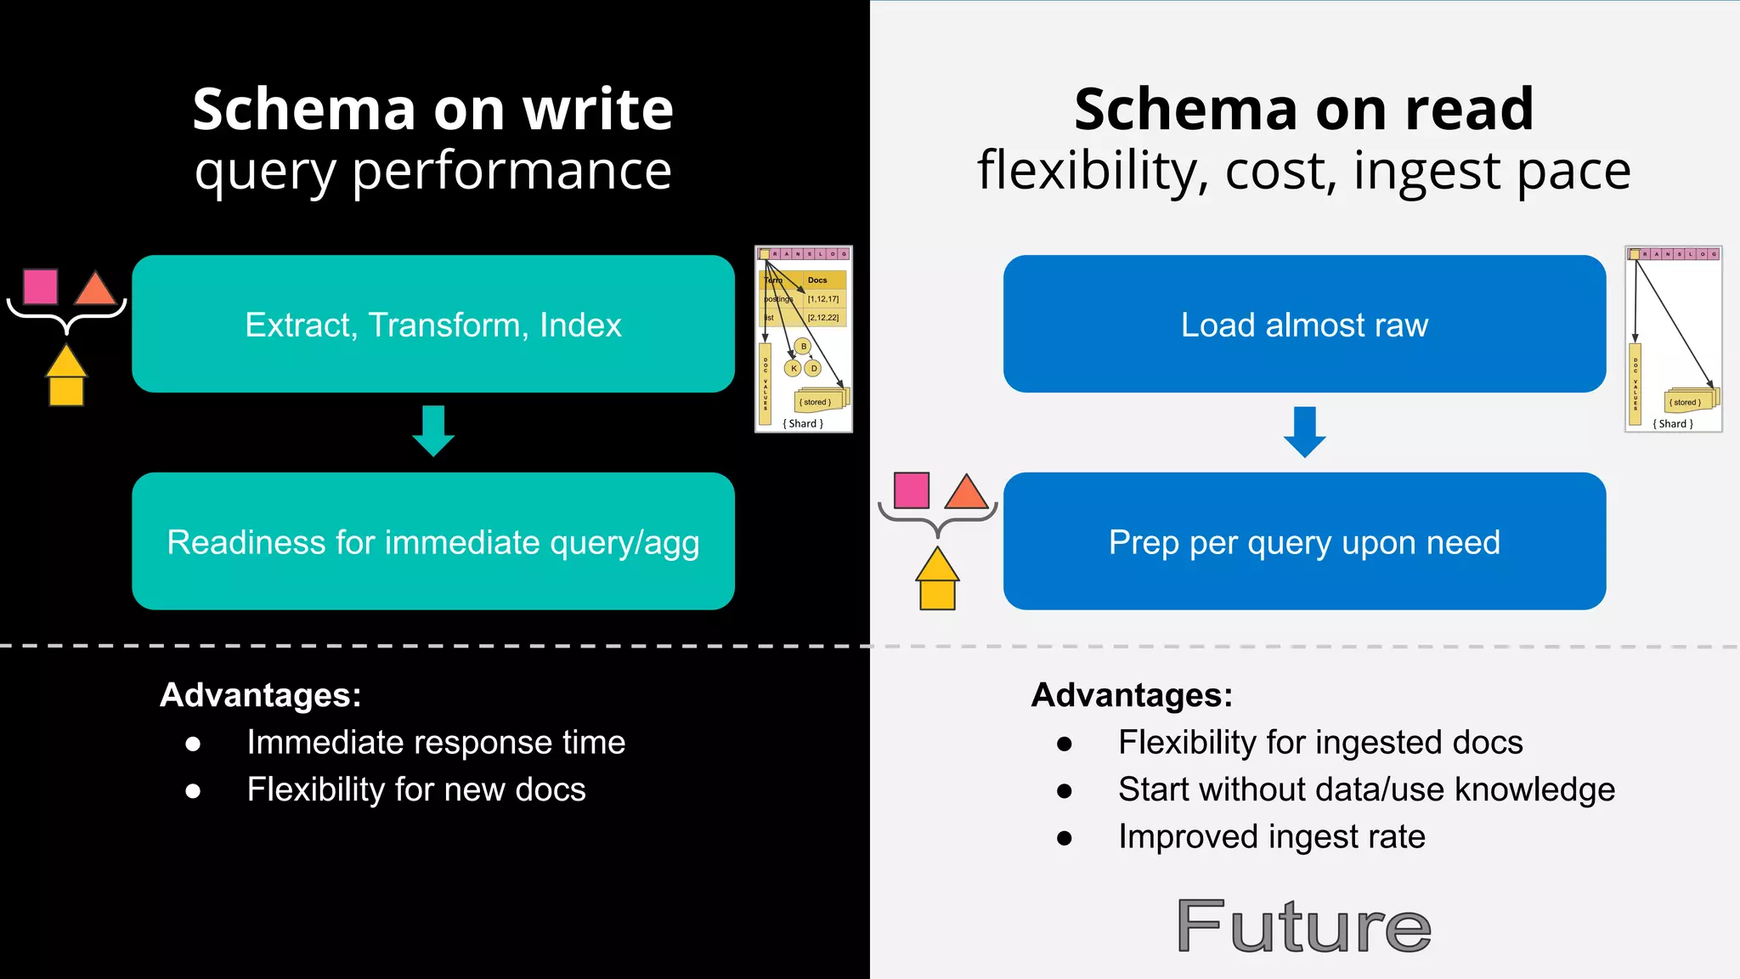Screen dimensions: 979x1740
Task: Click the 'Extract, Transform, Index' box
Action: (433, 324)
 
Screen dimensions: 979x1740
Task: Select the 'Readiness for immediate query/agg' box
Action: (433, 541)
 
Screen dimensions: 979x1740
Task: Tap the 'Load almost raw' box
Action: (1304, 324)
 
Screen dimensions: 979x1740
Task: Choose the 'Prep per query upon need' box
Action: (1304, 541)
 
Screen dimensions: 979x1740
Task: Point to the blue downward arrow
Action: (1304, 432)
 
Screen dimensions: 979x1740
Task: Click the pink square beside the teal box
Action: (41, 286)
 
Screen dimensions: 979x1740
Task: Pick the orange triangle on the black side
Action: (95, 289)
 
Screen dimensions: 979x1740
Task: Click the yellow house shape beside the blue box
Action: (937, 580)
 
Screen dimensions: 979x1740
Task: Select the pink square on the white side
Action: (912, 490)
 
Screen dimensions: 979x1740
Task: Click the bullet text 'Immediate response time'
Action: (436, 743)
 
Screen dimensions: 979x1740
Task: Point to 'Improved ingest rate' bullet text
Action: (1271, 837)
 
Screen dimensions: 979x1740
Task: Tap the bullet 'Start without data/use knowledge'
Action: (1366, 789)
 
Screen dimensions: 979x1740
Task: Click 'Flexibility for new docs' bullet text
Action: (416, 789)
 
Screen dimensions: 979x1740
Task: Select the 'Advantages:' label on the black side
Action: (261, 695)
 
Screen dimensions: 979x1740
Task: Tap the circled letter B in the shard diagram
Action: (803, 347)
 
